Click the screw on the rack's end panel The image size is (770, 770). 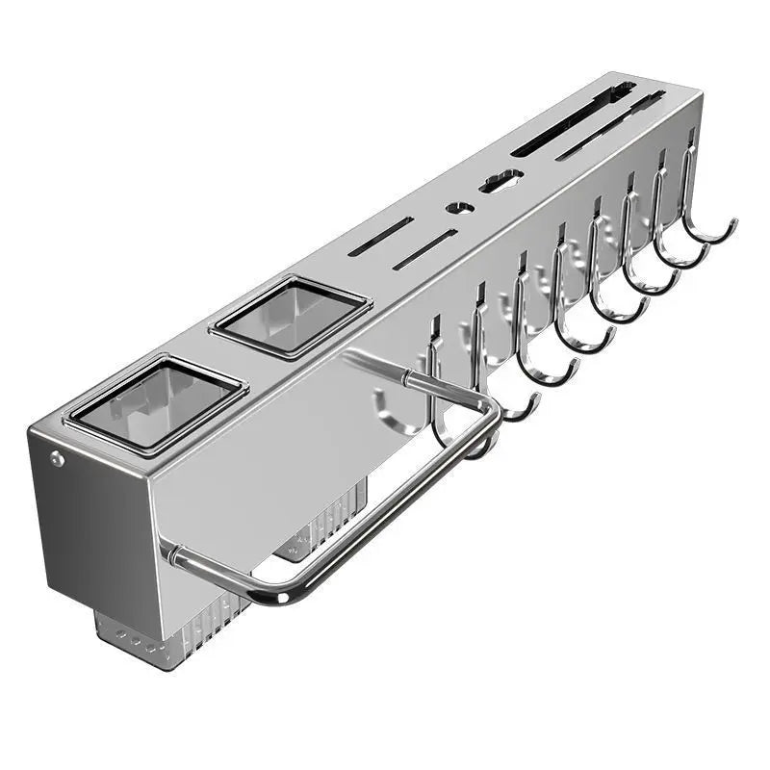pyautogui.click(x=58, y=460)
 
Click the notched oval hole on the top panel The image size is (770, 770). pyautogui.click(x=501, y=180)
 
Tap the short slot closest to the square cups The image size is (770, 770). pyautogui.click(x=381, y=236)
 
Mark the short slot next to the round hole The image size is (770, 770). pyautogui.click(x=423, y=248)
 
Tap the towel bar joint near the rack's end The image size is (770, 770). pyautogui.click(x=171, y=553)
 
